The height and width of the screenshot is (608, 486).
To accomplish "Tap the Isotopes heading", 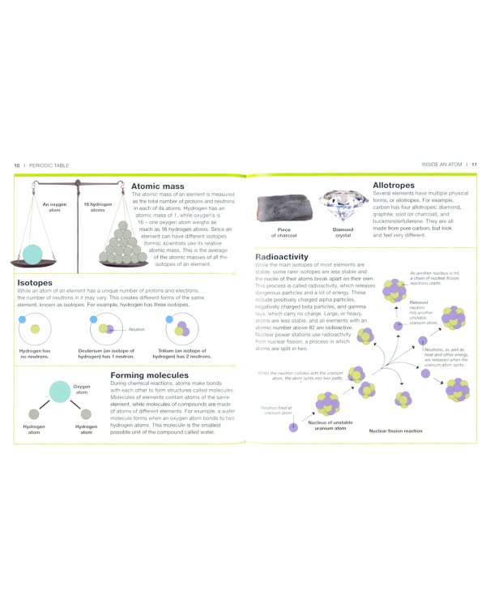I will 36,284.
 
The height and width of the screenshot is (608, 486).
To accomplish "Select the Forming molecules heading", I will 149,375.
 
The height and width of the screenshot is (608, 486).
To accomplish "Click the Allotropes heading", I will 394,186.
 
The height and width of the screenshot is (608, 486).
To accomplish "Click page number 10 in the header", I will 16,165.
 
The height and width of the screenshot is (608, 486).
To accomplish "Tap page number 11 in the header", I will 475,165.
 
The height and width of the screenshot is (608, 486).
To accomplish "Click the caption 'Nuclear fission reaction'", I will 395,430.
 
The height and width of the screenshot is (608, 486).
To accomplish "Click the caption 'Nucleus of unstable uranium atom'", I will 329,426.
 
